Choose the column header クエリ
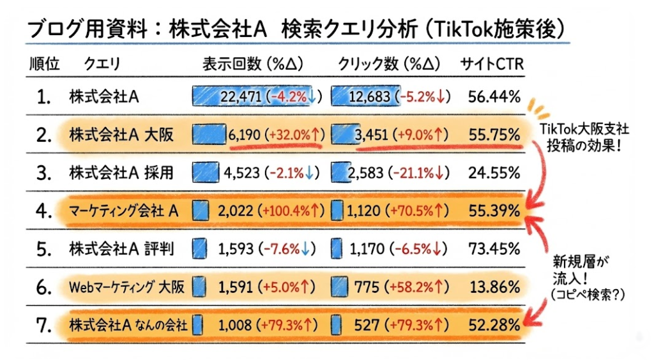point(102,64)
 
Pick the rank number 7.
point(43,325)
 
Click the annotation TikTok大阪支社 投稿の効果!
point(584,135)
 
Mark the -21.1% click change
point(419,173)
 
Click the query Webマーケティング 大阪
point(126,287)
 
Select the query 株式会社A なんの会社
point(128,325)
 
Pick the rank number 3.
point(43,173)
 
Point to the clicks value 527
point(367,325)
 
